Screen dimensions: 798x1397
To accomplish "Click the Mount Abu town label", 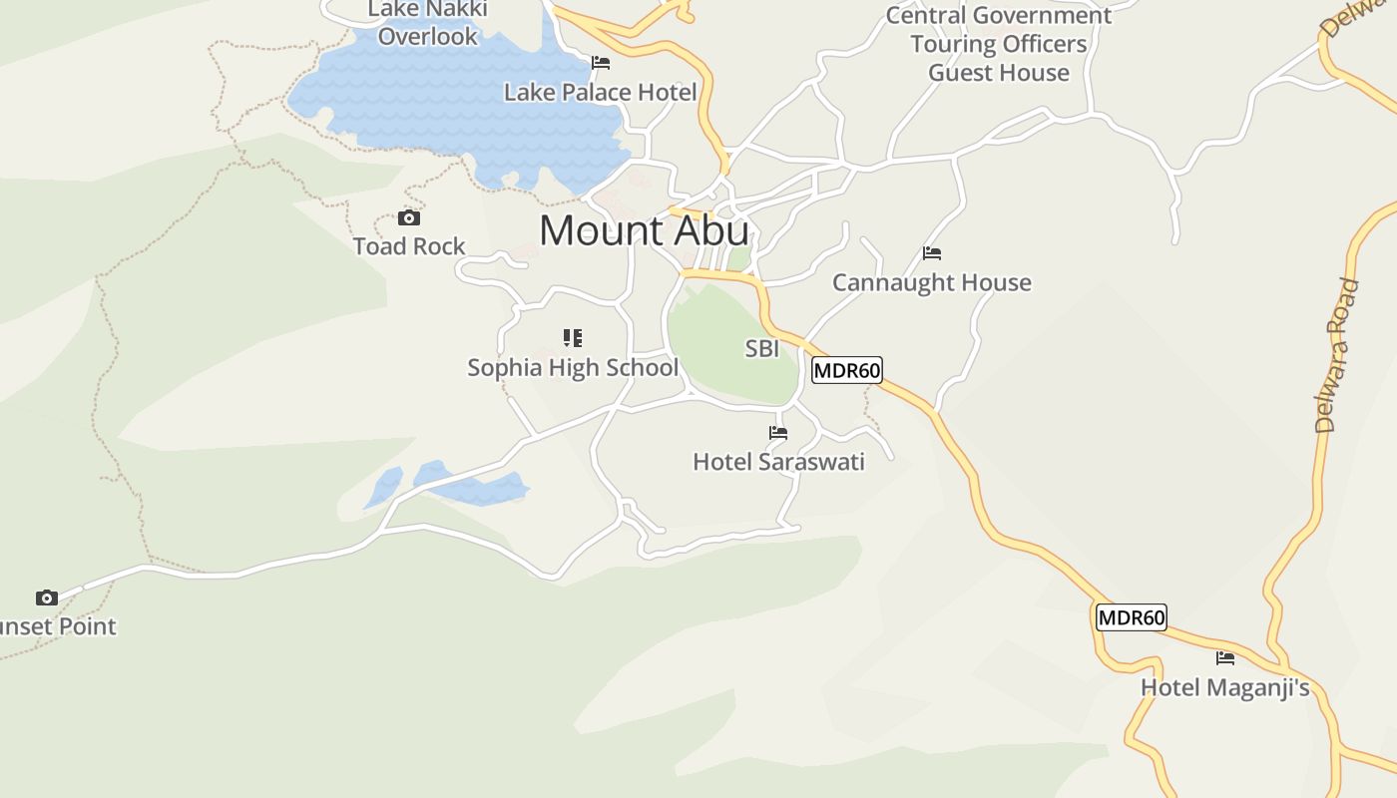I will coord(644,231).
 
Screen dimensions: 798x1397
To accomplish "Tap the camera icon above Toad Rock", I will coord(409,218).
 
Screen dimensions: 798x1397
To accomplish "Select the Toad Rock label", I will coord(409,246).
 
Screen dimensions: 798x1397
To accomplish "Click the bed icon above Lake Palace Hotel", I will coord(601,63).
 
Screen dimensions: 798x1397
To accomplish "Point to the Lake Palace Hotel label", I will coord(600,93).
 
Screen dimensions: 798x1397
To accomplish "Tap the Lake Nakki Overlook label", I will coord(428,23).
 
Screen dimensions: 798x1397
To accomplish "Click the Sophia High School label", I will coord(573,368).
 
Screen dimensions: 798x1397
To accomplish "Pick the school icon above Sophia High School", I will coord(573,338).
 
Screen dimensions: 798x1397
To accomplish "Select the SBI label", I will coord(762,349).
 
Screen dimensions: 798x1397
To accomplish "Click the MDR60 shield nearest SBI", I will coord(847,371).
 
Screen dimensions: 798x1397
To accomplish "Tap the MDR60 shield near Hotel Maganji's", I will coord(1132,617).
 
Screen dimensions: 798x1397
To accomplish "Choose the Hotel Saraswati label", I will coord(778,462).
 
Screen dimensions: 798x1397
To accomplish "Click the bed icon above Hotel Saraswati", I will coord(778,433).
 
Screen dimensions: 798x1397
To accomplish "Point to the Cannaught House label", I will coord(932,283).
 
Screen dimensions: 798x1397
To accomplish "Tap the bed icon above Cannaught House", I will coord(932,253).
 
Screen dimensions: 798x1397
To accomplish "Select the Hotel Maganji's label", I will coord(1224,688).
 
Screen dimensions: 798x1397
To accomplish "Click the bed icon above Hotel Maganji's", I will coord(1225,658).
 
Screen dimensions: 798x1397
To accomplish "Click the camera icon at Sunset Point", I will coord(47,598).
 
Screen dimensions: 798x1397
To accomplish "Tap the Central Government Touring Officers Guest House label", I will coord(998,44).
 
